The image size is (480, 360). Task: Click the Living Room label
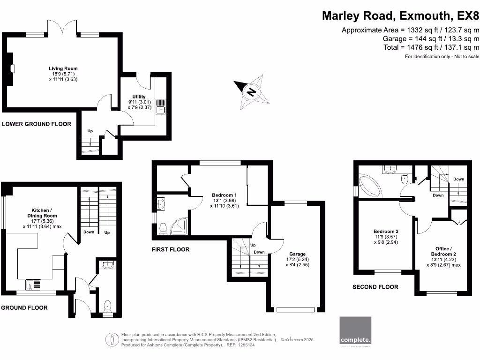[x=63, y=68]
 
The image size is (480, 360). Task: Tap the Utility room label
[x=139, y=97]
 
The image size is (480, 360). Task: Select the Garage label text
[x=297, y=254]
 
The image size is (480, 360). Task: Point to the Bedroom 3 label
[x=386, y=232]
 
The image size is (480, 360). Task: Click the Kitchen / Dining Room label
[x=44, y=213]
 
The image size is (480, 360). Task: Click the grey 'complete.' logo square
[x=355, y=330]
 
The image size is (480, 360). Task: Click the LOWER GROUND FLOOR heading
[x=37, y=124]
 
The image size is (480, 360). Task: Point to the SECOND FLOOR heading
[x=375, y=287]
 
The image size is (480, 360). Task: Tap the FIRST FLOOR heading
[x=170, y=249]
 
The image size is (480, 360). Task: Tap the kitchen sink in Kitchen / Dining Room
[x=34, y=284]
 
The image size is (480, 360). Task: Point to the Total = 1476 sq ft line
[x=431, y=47]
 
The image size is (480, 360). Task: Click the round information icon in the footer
[x=112, y=338]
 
